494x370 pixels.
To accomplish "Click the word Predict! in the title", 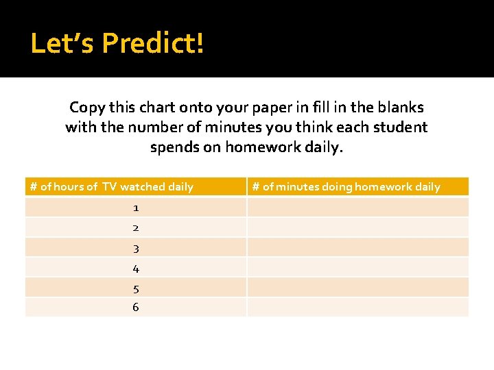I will (153, 44).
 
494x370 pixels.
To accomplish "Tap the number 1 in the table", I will (136, 207).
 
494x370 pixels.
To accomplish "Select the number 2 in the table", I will (136, 227).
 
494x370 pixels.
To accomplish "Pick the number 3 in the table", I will (136, 248).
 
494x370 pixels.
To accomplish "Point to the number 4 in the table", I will (136, 268).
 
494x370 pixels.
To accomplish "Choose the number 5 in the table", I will (136, 288).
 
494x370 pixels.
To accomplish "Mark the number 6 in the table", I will (136, 307).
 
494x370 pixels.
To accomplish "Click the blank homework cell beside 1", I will (357, 207).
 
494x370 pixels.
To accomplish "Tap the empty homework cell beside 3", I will (357, 247).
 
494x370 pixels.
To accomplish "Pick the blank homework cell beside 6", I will (357, 307).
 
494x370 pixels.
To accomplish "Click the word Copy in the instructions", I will (86, 108).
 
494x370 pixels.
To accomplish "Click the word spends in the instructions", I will (173, 147).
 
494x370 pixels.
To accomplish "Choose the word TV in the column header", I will (110, 187).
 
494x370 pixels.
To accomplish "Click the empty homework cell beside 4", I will (357, 268).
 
